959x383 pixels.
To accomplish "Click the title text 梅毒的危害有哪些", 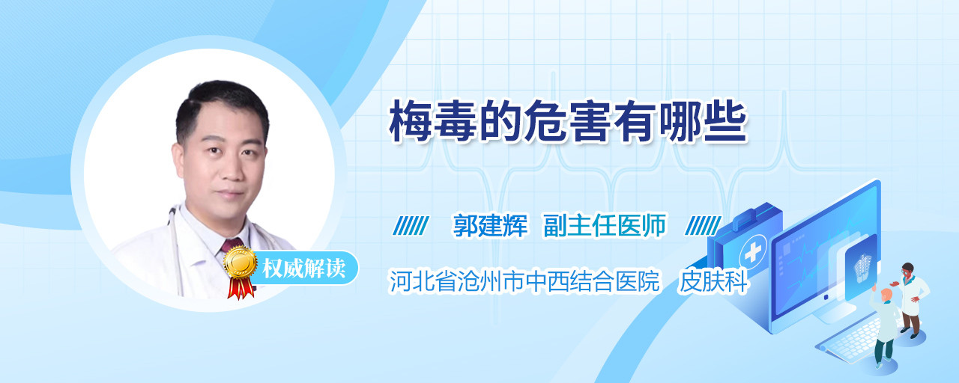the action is [568, 121].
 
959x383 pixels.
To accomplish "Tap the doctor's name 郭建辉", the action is [491, 225].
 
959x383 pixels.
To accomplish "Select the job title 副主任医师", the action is [605, 225].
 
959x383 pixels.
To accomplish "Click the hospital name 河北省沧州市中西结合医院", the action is [524, 281].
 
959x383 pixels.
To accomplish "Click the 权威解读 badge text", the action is [304, 269].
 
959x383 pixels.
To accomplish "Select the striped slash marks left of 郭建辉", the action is [411, 226].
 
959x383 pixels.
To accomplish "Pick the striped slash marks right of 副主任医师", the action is [704, 226].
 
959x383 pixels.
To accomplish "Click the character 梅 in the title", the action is [410, 121].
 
